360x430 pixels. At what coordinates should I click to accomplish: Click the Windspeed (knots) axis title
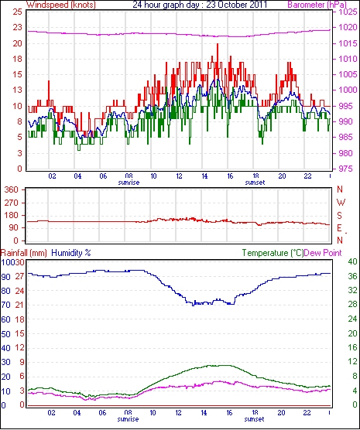61,5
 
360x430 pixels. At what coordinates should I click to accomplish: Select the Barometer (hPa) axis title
317,5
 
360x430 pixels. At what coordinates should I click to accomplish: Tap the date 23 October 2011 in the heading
236,5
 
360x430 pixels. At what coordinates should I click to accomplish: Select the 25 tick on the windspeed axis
17,12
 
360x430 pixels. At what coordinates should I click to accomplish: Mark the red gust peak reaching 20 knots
218,44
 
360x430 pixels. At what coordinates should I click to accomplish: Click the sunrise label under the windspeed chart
129,183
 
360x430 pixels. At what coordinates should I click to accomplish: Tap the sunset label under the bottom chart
254,419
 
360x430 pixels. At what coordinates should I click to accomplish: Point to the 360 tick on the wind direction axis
12,189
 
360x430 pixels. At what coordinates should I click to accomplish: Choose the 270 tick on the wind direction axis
12,203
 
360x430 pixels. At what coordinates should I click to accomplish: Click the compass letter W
341,203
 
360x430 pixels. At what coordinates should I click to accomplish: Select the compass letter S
340,216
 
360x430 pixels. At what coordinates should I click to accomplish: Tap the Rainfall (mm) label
24,253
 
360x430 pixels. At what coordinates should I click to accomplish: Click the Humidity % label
71,253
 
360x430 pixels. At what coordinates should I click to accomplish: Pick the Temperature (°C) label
273,253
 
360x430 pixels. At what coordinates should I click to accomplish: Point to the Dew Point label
323,253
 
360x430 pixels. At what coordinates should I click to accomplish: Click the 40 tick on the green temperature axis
352,261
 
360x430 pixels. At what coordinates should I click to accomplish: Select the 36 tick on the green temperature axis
352,276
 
